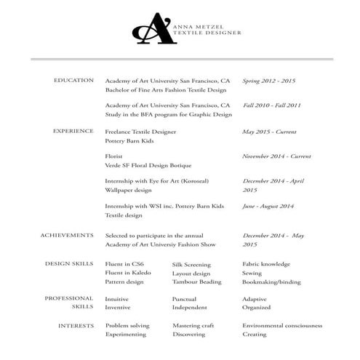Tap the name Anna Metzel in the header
[198, 25]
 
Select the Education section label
[73, 80]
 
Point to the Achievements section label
[67, 236]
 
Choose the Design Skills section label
[69, 263]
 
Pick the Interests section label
[76, 325]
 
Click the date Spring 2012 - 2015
[270, 81]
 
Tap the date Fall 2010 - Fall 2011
[272, 105]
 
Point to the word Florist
[115, 156]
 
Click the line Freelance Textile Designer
[140, 132]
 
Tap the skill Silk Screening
[191, 264]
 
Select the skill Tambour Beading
[196, 281]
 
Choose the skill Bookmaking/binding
[271, 281]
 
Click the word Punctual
[184, 299]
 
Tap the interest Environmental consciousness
[281, 326]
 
